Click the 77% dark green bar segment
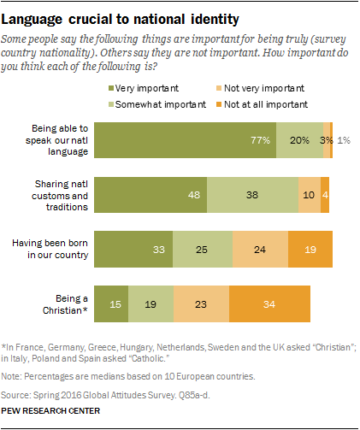[x=185, y=139]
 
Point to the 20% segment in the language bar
[x=298, y=139]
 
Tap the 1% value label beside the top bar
[x=342, y=139]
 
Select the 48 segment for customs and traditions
[x=150, y=194]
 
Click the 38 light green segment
[x=252, y=194]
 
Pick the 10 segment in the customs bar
[x=309, y=194]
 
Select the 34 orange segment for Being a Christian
[x=269, y=303]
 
